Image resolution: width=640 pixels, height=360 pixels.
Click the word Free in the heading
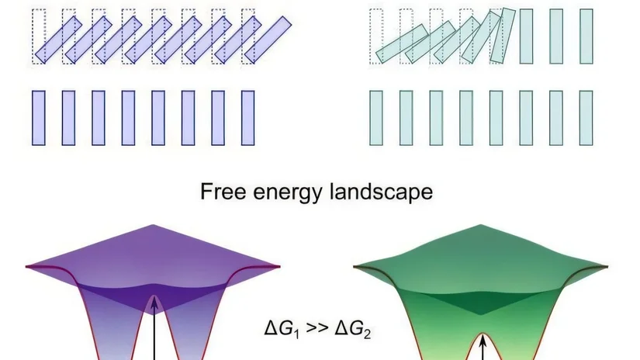(223, 192)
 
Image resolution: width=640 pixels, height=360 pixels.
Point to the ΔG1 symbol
(282, 328)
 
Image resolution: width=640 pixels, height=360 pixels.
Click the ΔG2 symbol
(353, 328)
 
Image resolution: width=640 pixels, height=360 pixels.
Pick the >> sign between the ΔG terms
(317, 328)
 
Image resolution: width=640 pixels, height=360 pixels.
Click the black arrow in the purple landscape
(154, 328)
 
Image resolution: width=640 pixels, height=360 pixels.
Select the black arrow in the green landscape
(483, 348)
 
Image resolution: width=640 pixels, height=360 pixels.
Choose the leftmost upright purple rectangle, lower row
(39, 118)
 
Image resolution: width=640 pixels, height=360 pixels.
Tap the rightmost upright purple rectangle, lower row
(247, 118)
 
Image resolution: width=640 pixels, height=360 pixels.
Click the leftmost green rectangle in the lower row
(376, 118)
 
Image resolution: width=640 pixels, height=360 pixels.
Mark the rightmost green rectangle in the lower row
(586, 118)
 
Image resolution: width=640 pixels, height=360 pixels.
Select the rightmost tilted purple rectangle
(268, 40)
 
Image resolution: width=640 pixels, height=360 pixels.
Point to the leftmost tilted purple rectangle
(58, 40)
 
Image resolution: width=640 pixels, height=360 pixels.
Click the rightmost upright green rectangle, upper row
(586, 36)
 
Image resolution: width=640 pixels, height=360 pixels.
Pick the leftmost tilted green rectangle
(402, 43)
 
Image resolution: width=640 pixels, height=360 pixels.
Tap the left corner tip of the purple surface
(26, 267)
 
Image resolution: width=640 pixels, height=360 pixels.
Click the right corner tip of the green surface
(607, 267)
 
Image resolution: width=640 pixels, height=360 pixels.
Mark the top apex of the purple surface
(153, 225)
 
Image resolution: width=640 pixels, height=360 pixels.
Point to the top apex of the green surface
(480, 225)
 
